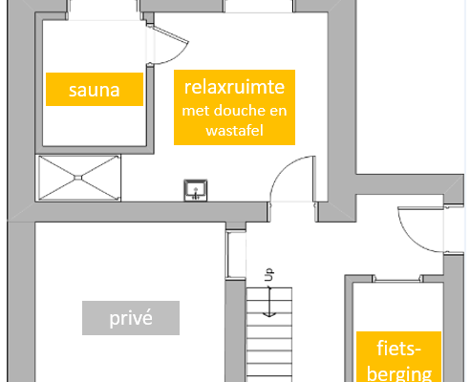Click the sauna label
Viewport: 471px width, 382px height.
pos(95,89)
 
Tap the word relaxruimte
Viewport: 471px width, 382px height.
pos(234,87)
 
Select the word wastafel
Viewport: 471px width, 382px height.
pos(234,130)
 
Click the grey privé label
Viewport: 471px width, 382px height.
pos(131,318)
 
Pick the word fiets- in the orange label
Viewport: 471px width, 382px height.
pos(399,349)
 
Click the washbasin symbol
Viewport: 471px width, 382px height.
pos(196,190)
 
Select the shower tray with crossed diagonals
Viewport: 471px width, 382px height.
pos(78,178)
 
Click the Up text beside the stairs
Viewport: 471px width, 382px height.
pos(269,274)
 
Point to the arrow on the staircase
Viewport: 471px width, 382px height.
pos(269,301)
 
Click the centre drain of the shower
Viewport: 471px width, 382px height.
pos(78,178)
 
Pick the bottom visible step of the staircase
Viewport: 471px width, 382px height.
pos(269,379)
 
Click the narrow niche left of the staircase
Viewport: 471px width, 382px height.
pos(236,255)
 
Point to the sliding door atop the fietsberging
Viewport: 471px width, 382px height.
pos(397,280)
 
